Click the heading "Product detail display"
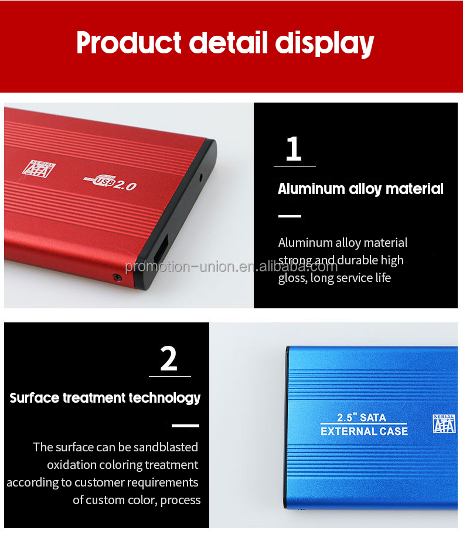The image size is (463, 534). [225, 43]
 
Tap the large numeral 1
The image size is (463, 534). [294, 149]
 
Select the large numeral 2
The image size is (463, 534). [169, 359]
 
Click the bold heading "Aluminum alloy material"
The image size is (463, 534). [360, 189]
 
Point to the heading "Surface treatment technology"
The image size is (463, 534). [105, 398]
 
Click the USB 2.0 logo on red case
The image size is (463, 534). [111, 183]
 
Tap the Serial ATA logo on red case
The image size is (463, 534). [39, 167]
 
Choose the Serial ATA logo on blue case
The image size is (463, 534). [444, 423]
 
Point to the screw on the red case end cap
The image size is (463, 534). [118, 277]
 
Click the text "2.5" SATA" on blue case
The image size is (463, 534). [362, 418]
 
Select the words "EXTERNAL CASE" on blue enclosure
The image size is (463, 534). [364, 432]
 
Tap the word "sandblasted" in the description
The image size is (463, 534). [166, 447]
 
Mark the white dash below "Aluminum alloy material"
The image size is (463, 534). [290, 216]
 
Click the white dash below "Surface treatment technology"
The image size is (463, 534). [185, 426]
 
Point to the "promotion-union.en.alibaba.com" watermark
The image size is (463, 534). [231, 267]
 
